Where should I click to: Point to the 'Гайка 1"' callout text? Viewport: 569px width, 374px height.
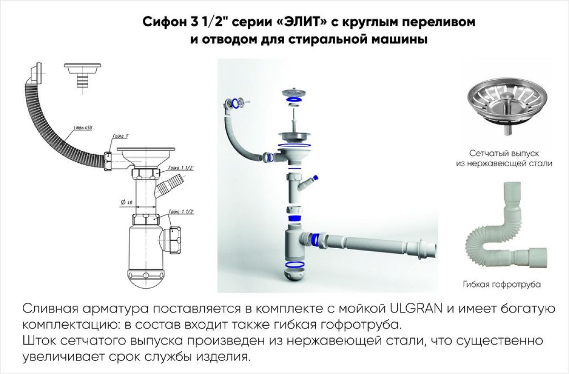tap(121, 136)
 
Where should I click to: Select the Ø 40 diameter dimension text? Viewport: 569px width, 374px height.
tap(127, 203)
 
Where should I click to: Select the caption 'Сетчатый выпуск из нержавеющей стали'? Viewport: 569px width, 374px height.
tap(505, 159)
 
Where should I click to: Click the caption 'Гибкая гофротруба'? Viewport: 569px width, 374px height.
tap(502, 285)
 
